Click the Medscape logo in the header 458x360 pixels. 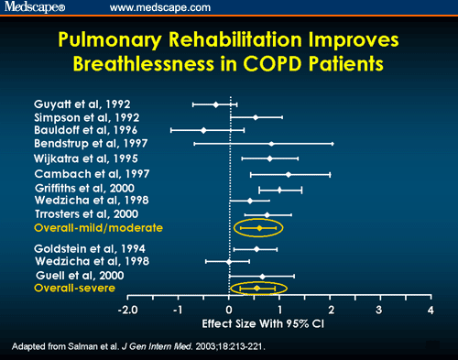35,8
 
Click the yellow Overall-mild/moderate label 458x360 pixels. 98,226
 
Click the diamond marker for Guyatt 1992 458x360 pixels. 215,104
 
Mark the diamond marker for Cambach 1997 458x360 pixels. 289,174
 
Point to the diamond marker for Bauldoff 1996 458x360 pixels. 203,130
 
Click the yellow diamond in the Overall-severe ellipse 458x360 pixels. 257,289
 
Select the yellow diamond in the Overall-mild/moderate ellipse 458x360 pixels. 260,227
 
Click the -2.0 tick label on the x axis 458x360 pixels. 128,311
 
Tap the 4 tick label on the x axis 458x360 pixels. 431,311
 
